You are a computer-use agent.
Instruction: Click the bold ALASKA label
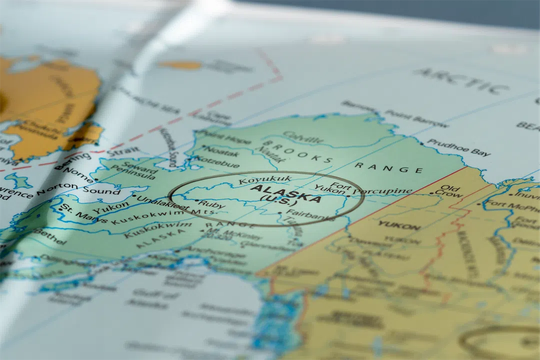(x=285, y=194)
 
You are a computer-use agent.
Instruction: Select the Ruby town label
(x=212, y=204)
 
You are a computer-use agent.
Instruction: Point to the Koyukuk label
(x=258, y=180)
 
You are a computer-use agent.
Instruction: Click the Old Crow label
(x=447, y=191)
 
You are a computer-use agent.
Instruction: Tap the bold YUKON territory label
(x=399, y=225)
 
